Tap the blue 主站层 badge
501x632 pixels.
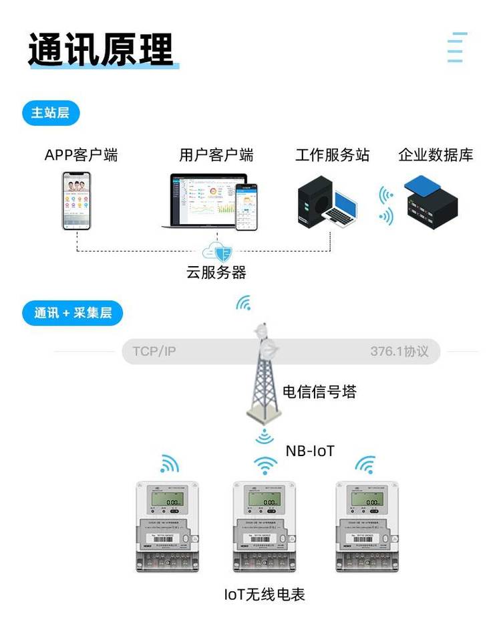click(x=50, y=113)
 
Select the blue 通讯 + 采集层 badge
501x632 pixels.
click(x=73, y=312)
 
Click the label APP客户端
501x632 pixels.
click(x=81, y=155)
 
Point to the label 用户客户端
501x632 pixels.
click(x=216, y=155)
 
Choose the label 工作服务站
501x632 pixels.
click(x=332, y=155)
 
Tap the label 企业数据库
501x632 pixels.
click(x=436, y=155)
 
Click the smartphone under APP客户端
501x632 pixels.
click(x=76, y=201)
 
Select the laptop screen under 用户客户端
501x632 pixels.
click(x=204, y=198)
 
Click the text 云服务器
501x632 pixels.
click(x=216, y=272)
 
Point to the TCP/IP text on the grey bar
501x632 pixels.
click(x=154, y=351)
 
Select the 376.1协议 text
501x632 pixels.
click(x=399, y=351)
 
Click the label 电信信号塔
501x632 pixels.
click(x=319, y=391)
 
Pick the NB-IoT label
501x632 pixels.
click(x=310, y=450)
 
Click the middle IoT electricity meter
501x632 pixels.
click(x=265, y=525)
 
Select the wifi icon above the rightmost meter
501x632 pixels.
click(x=365, y=463)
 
